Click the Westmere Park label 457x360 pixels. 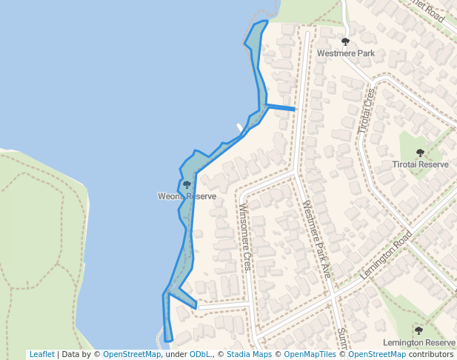(345, 53)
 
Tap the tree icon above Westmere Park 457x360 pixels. (345, 42)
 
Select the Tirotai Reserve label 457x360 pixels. (421, 164)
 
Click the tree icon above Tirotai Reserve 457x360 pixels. (420, 153)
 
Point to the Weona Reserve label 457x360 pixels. (187, 196)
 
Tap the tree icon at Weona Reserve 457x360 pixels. (187, 184)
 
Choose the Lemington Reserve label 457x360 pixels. (418, 342)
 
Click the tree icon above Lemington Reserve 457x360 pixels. (418, 330)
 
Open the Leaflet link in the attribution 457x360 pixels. (41, 354)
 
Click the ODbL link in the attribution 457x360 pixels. (199, 354)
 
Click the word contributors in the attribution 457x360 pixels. (430, 354)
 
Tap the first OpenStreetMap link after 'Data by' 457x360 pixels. (132, 354)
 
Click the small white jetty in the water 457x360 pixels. (239, 127)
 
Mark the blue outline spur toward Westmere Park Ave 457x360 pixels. (281, 108)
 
